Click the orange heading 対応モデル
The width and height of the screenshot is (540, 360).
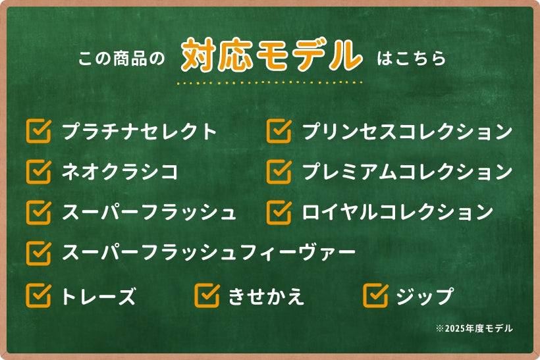tap(272, 56)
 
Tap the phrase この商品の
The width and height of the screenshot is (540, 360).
tap(122, 58)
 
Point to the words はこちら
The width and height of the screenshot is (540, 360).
tap(412, 58)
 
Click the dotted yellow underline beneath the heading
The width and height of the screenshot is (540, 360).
tap(269, 83)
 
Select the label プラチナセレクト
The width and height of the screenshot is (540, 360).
tap(139, 131)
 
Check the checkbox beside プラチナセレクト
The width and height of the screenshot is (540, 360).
tap(39, 131)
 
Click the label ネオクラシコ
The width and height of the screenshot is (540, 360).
tap(120, 171)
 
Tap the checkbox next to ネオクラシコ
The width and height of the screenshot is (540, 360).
tap(39, 171)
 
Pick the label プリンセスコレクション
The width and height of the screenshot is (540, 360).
tap(408, 131)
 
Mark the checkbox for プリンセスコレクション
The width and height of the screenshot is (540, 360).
tap(279, 131)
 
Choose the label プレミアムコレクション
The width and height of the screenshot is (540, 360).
tap(408, 171)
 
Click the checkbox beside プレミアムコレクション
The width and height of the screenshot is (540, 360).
tap(279, 171)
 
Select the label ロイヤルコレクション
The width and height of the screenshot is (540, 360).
tap(398, 212)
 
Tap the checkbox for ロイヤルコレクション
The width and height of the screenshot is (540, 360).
tap(279, 212)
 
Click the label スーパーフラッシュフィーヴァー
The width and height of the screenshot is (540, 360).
tap(209, 252)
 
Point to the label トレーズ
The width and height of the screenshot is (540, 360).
tap(99, 296)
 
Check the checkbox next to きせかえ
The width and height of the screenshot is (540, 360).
tap(207, 296)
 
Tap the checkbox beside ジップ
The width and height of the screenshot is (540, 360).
tap(376, 296)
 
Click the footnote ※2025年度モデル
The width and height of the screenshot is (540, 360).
tap(474, 328)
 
